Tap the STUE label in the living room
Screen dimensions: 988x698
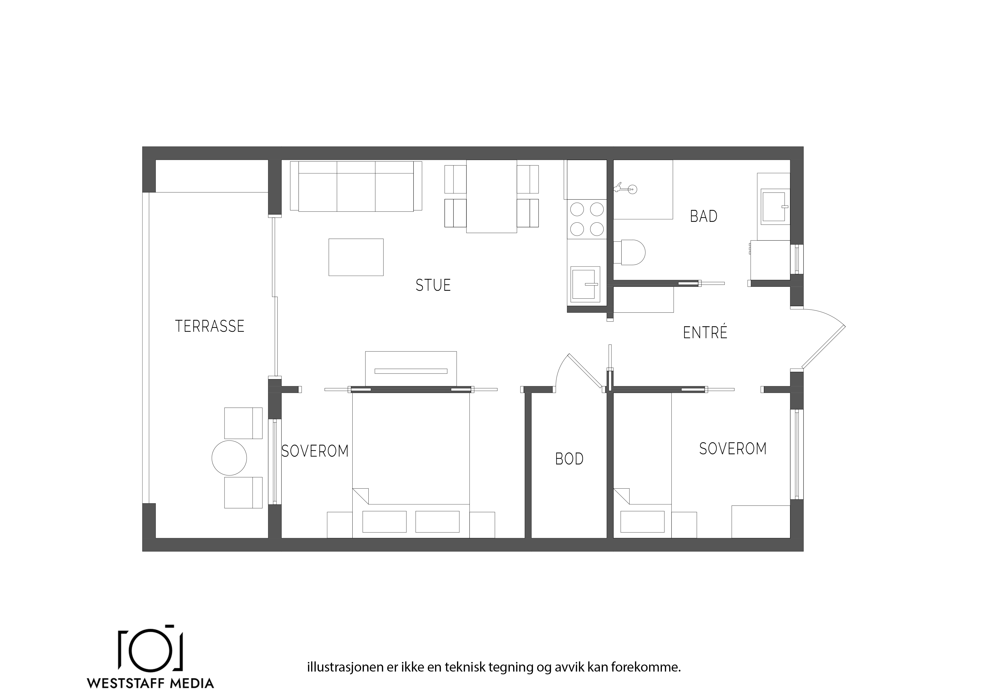pyautogui.click(x=433, y=285)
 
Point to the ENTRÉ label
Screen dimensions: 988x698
pyautogui.click(x=705, y=332)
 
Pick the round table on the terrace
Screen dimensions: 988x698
pyautogui.click(x=229, y=458)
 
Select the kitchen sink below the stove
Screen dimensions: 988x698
pyautogui.click(x=585, y=284)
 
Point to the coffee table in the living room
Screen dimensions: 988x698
pyautogui.click(x=356, y=257)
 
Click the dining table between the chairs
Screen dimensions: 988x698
pyautogui.click(x=491, y=196)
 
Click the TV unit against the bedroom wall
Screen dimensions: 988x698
pyautogui.click(x=411, y=369)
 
